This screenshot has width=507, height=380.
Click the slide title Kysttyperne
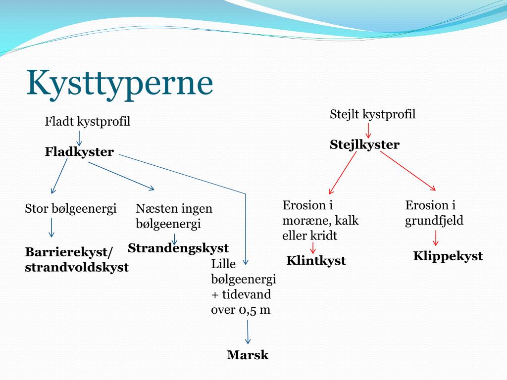click(120, 83)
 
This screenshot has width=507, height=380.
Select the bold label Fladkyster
click(79, 151)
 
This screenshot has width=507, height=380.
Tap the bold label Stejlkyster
click(364, 144)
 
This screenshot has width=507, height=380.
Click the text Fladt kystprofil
click(87, 122)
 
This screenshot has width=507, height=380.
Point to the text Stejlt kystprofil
click(372, 114)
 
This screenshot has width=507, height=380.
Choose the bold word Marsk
click(248, 355)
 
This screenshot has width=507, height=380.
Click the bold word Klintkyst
click(316, 260)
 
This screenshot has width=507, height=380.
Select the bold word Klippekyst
click(448, 256)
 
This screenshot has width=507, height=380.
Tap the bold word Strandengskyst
click(178, 248)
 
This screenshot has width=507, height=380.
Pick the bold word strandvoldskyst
click(77, 267)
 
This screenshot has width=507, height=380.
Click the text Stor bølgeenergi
click(70, 209)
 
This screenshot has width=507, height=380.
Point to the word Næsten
click(155, 208)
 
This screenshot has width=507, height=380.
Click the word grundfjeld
click(434, 221)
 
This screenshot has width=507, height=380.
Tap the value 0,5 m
click(254, 310)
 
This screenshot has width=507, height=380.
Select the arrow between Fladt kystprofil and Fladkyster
click(79, 139)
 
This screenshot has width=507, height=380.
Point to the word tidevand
click(247, 294)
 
